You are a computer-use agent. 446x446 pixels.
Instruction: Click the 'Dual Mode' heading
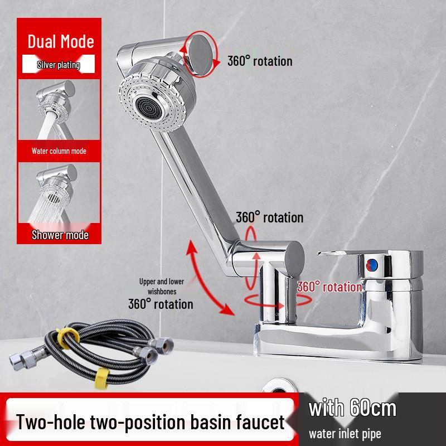(61, 41)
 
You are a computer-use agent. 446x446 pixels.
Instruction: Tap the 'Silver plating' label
(59, 65)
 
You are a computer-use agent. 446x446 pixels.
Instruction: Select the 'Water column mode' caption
(59, 151)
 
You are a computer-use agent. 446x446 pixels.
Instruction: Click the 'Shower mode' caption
(60, 235)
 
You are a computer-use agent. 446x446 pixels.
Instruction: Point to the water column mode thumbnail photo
(59, 109)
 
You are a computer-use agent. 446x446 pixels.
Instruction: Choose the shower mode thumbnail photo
(59, 192)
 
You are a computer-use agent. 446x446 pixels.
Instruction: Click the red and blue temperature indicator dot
(372, 265)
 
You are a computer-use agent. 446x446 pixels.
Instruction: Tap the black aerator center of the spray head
(149, 107)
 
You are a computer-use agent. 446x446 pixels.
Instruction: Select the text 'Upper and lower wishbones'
(162, 287)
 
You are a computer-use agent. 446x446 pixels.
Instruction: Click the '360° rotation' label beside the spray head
(260, 61)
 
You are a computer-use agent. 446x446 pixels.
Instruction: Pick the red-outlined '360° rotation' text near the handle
(329, 287)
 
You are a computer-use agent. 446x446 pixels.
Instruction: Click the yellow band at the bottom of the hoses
(102, 378)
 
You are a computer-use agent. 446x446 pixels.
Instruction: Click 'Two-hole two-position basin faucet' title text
(150, 422)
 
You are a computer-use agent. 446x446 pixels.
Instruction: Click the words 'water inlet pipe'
(345, 434)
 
